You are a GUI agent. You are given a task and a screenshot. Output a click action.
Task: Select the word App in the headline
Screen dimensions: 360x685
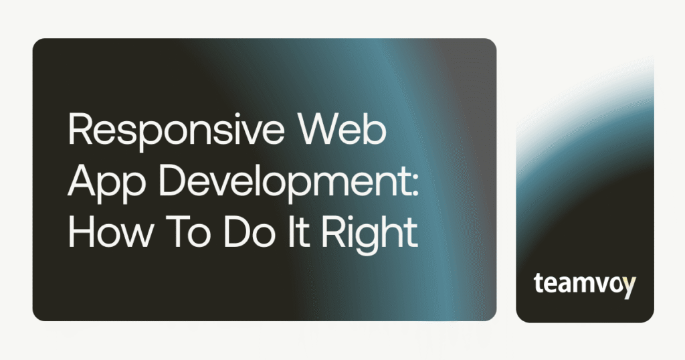coord(101,181)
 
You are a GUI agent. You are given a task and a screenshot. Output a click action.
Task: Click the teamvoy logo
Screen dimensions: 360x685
coord(585,284)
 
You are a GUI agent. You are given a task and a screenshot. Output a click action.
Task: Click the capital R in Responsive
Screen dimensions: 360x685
coord(78,131)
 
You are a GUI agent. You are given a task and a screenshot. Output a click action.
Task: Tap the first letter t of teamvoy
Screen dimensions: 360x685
coord(539,284)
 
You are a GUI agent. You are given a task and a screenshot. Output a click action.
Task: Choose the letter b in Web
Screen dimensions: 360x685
coord(377,131)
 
